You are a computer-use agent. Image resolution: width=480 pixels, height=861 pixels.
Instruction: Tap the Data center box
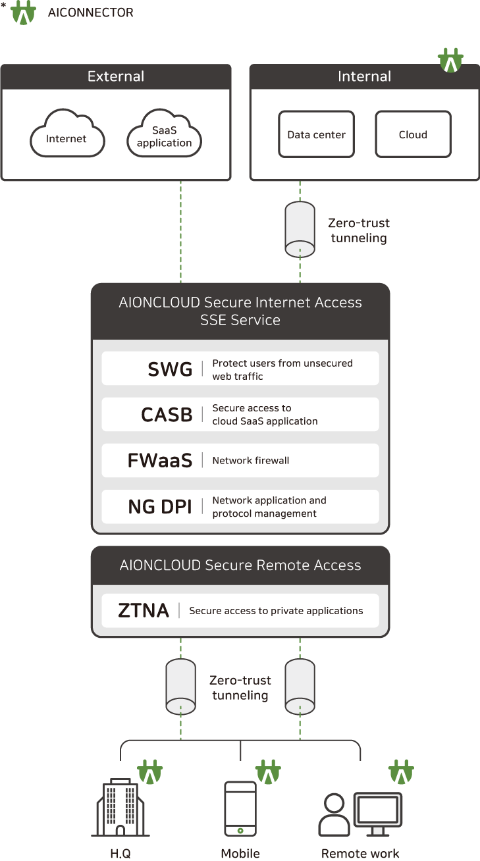(316, 134)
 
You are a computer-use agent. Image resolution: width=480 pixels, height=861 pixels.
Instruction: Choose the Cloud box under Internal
(413, 134)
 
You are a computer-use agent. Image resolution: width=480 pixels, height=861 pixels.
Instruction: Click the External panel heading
(116, 76)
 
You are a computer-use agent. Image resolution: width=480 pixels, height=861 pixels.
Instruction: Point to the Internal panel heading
(364, 76)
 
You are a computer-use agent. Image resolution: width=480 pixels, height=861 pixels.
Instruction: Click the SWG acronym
(170, 369)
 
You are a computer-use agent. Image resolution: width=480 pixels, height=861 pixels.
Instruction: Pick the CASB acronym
(167, 415)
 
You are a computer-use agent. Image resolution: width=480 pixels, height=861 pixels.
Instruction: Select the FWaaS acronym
(160, 461)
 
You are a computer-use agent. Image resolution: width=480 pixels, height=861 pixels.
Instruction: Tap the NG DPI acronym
(160, 507)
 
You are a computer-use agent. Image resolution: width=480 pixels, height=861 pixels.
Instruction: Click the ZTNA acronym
(144, 610)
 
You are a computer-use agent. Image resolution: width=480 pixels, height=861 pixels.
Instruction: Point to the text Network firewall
(250, 461)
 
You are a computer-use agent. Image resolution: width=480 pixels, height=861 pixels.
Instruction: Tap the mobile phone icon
(240, 808)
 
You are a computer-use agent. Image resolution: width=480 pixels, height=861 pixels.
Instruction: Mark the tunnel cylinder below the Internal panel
(300, 230)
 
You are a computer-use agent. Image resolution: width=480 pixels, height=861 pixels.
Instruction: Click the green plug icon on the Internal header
(450, 61)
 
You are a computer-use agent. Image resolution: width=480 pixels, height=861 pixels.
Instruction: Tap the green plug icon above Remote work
(400, 773)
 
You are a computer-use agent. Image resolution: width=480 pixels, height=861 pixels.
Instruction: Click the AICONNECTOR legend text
(90, 13)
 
